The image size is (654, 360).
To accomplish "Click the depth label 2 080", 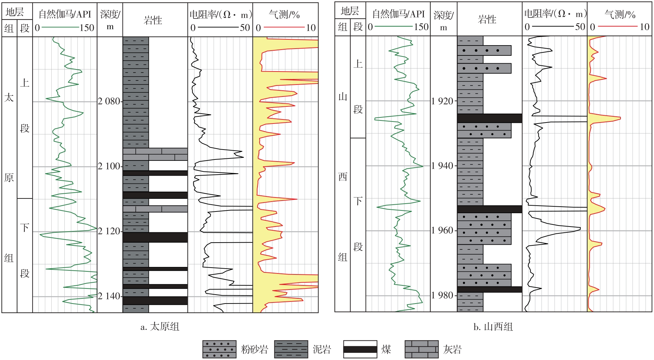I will [x=109, y=101].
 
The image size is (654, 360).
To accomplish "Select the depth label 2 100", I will [x=109, y=166].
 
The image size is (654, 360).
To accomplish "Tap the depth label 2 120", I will [x=109, y=231].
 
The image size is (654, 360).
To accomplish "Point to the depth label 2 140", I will [x=109, y=296].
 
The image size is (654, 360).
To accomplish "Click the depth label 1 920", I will [x=442, y=101].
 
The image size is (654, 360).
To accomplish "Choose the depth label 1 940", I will [x=442, y=166].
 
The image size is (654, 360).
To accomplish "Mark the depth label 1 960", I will [x=442, y=230].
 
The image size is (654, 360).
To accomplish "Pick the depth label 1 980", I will [x=442, y=295].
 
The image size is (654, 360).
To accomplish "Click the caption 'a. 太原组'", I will [x=160, y=327].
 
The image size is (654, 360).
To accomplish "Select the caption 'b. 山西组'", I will [x=493, y=327].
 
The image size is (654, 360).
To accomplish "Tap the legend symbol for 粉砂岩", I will [x=219, y=349].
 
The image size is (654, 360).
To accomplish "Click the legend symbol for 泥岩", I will [x=291, y=349].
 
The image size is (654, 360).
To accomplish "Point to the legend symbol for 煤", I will [x=360, y=349].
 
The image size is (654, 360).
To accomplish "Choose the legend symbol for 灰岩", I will [x=422, y=349].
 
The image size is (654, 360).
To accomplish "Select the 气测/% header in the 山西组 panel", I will [x=620, y=14].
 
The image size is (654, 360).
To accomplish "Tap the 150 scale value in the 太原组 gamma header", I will [x=87, y=28].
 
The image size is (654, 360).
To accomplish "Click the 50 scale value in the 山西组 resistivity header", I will [x=580, y=27].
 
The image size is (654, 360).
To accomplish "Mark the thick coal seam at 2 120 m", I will [x=155, y=237].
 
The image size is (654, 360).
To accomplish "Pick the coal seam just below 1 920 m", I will [x=489, y=118].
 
